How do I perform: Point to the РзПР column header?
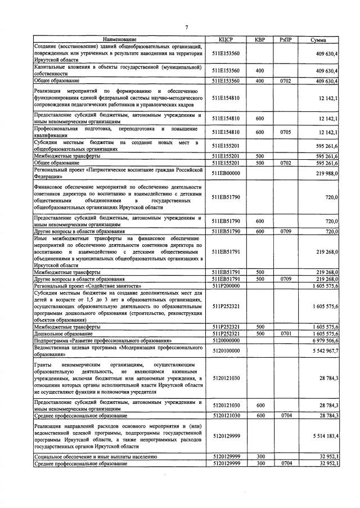(286, 39)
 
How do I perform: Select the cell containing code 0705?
(286, 132)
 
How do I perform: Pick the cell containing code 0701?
(286, 334)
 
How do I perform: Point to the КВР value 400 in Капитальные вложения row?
(260, 71)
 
